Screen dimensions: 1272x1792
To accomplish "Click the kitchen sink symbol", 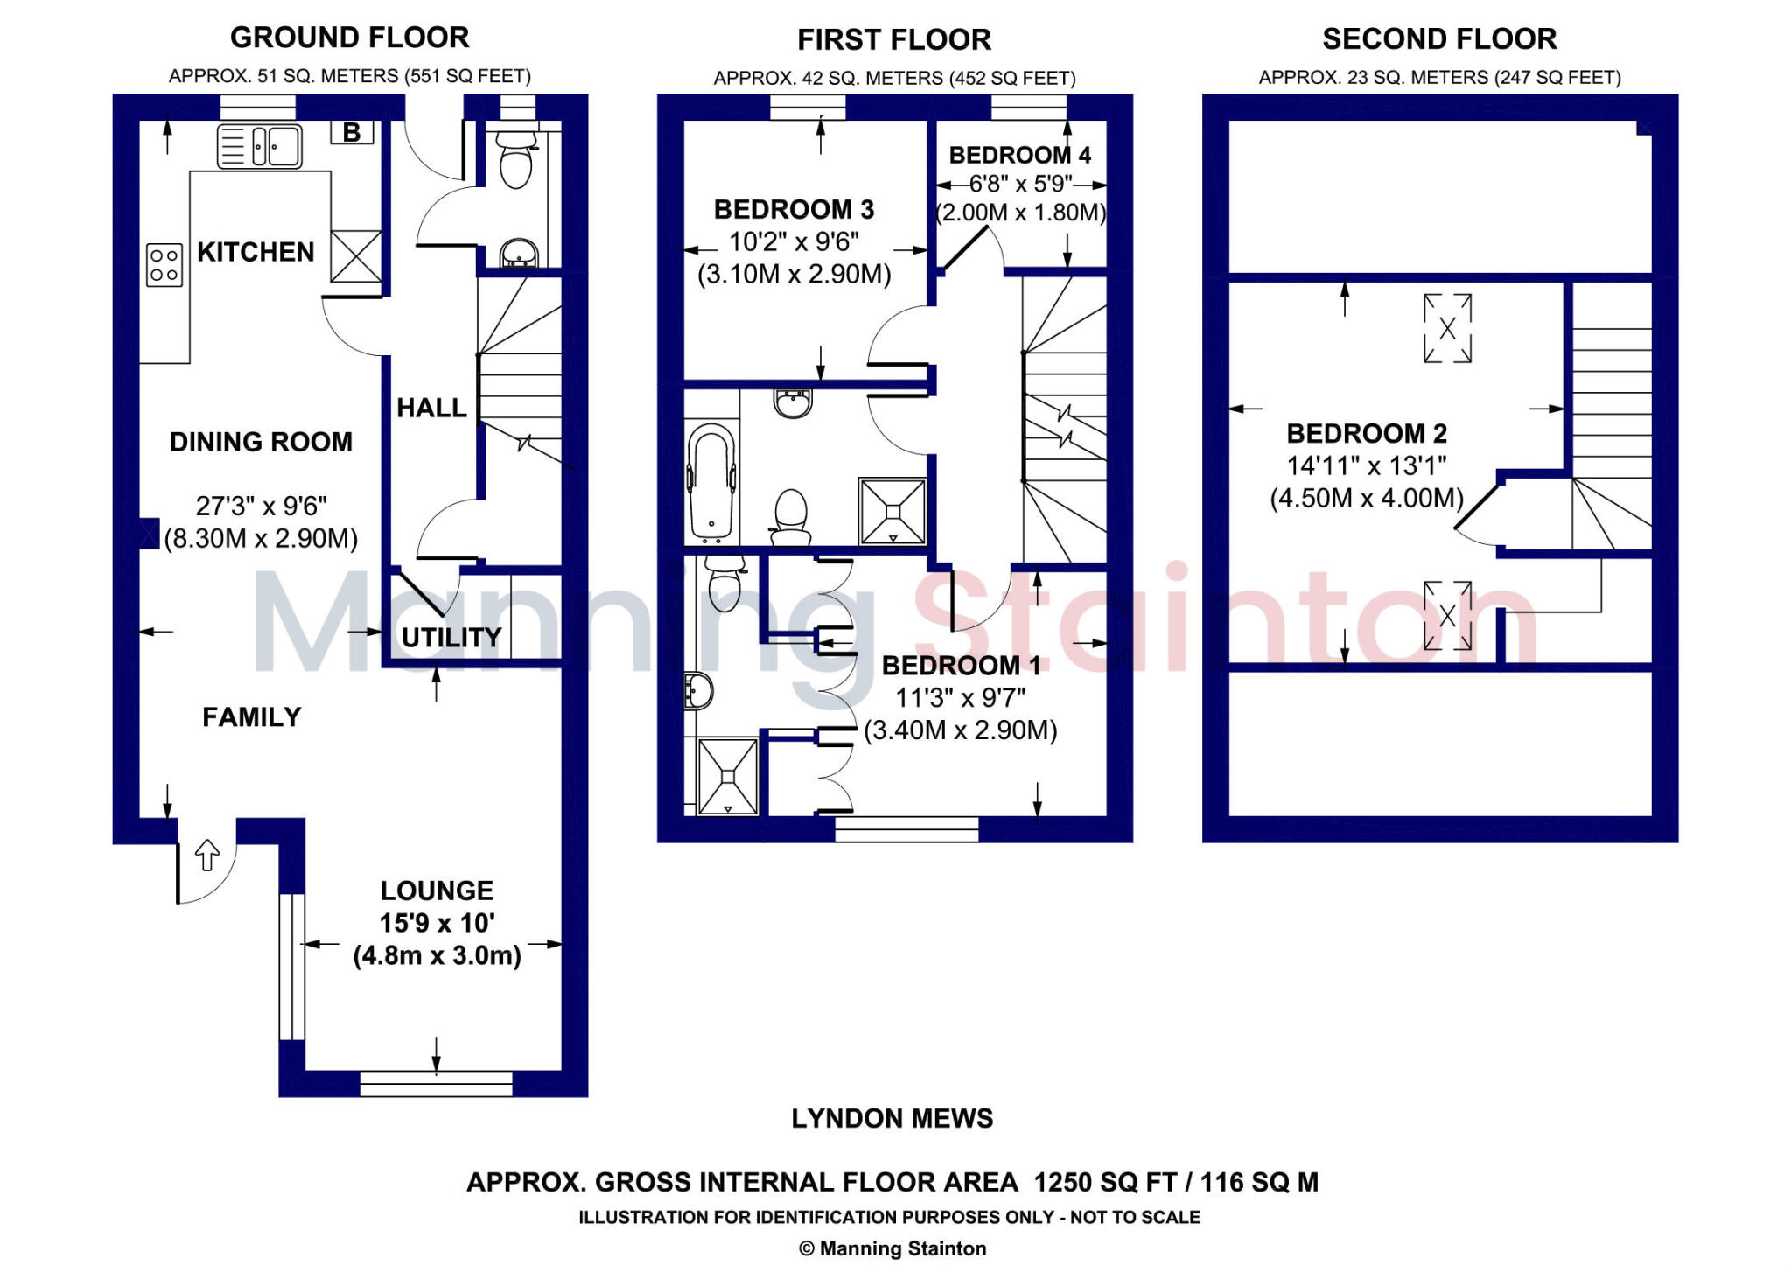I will coord(259,146).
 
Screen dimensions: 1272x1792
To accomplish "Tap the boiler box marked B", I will coord(352,132).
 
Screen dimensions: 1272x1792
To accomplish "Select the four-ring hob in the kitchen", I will coord(164,264).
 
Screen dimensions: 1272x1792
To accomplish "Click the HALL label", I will coord(431,408).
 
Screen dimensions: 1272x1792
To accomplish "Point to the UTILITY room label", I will coord(451,637).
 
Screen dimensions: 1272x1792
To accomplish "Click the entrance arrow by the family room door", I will coord(206,855).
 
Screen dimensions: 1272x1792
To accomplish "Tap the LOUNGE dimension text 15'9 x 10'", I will coord(437,923).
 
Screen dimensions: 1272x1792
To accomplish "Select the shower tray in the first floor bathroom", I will coord(892,511).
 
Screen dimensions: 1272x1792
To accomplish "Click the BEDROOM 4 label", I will coord(1019,156).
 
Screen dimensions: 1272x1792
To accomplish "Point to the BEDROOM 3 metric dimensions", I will coord(794,275).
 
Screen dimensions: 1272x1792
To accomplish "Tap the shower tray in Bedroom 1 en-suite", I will coord(728,777).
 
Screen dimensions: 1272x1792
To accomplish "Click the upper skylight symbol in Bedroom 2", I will coord(1447,328).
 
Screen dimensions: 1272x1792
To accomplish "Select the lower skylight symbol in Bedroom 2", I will coord(1447,616).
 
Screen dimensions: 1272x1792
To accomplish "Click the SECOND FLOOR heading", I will coord(1439,39).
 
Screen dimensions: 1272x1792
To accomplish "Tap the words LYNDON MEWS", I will coord(892,1118).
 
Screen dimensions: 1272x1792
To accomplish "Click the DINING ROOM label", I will coord(261,442).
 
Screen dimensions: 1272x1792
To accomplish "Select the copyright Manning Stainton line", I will coord(892,1248).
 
